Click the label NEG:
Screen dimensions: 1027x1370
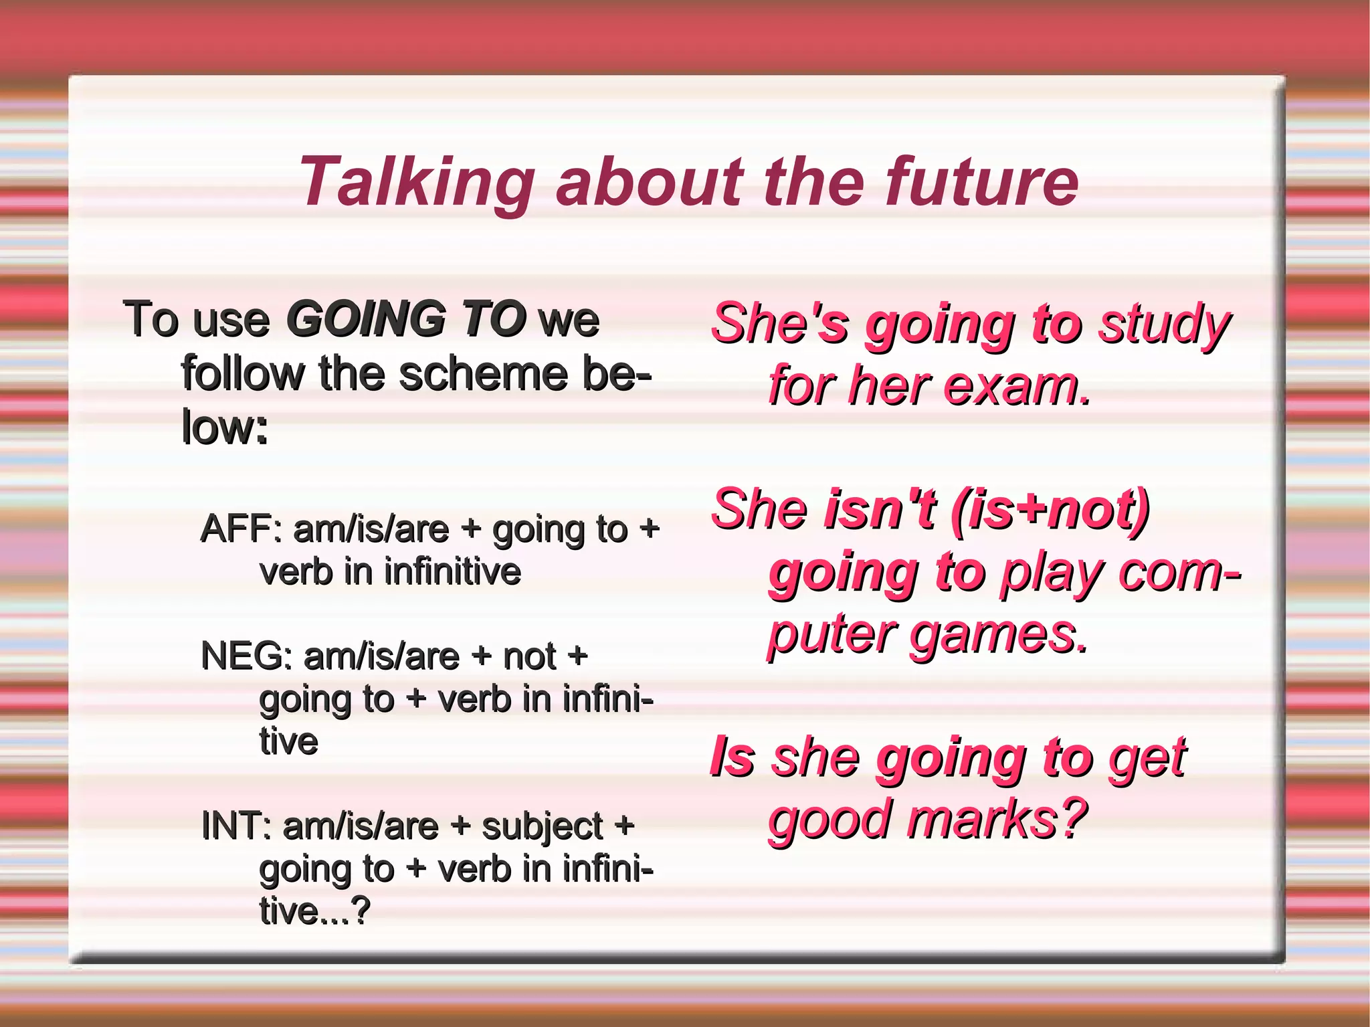tap(246, 656)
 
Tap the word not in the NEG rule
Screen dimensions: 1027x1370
tap(529, 656)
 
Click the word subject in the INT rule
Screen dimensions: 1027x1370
tap(543, 827)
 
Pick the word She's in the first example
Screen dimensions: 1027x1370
tap(779, 324)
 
